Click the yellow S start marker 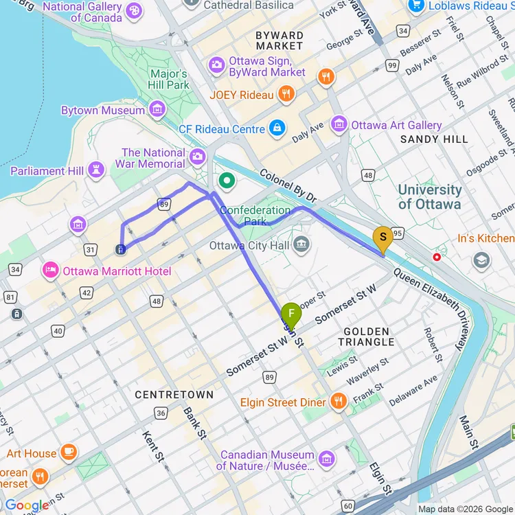(x=382, y=238)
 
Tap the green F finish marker (x=291, y=314)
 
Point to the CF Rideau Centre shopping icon (x=277, y=128)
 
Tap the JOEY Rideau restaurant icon (x=286, y=94)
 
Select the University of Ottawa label (x=430, y=196)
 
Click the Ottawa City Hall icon (x=301, y=244)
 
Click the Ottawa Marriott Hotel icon (x=51, y=271)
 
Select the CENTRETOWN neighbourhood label (x=174, y=395)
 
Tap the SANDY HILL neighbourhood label (x=434, y=139)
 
